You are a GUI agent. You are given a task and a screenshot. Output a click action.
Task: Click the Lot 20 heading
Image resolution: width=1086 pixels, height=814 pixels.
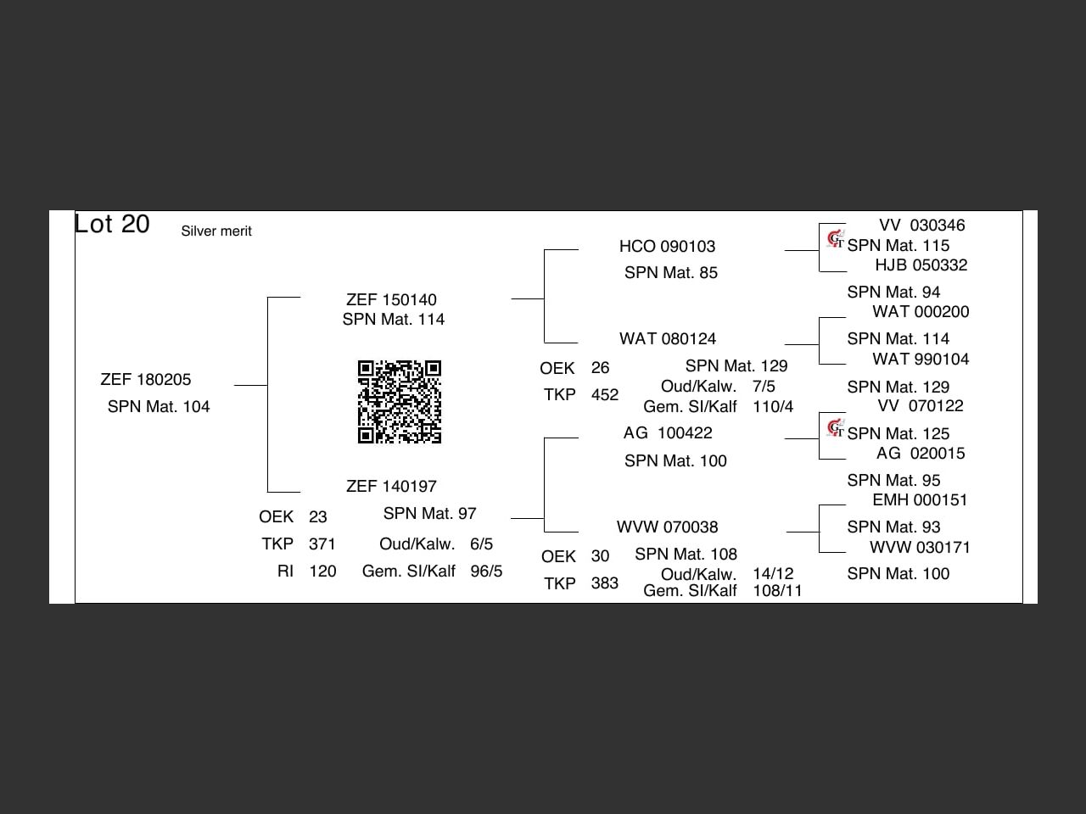(x=112, y=224)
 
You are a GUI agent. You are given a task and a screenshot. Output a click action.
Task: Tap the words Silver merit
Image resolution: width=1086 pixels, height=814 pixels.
(x=216, y=231)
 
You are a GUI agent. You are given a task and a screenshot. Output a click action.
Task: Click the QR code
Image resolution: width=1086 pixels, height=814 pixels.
(x=400, y=402)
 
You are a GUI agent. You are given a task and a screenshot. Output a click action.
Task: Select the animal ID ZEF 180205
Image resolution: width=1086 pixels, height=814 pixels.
(x=146, y=380)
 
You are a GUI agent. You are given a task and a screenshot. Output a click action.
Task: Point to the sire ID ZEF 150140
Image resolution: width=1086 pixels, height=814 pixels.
(x=391, y=300)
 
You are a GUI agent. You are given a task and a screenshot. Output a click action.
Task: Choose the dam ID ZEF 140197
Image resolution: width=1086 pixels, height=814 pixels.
(x=391, y=487)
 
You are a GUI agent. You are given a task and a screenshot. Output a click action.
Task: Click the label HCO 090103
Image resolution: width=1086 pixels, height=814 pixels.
(x=667, y=247)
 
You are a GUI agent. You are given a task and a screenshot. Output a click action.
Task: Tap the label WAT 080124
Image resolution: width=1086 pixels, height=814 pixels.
(x=668, y=339)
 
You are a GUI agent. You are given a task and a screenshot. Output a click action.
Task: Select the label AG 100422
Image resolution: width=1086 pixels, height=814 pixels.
(x=668, y=433)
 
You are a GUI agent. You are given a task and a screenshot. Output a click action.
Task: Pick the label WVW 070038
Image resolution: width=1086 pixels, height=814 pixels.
(x=667, y=527)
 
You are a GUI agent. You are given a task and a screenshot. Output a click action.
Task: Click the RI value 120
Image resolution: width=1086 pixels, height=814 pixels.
(x=322, y=571)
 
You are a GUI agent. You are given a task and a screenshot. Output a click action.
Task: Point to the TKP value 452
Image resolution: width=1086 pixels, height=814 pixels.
(x=605, y=395)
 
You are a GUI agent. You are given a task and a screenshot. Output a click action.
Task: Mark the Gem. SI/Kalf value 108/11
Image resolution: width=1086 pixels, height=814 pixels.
(x=777, y=591)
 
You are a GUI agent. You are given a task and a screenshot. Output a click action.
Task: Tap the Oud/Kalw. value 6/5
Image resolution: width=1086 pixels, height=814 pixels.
(x=481, y=544)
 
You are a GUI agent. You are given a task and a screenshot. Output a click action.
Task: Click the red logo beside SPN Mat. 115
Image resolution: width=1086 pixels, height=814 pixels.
(x=836, y=239)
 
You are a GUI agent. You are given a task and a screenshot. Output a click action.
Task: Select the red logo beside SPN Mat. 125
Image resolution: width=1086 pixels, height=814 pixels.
(x=836, y=427)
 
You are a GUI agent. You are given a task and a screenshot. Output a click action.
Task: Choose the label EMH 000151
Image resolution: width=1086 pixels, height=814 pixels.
(x=920, y=500)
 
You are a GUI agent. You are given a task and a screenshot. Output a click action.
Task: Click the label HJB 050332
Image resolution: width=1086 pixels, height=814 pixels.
(x=921, y=265)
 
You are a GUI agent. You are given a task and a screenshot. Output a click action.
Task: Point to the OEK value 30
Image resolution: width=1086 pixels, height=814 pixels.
(x=600, y=557)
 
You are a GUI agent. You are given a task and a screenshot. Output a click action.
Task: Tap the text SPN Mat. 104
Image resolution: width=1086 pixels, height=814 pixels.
(x=159, y=407)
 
